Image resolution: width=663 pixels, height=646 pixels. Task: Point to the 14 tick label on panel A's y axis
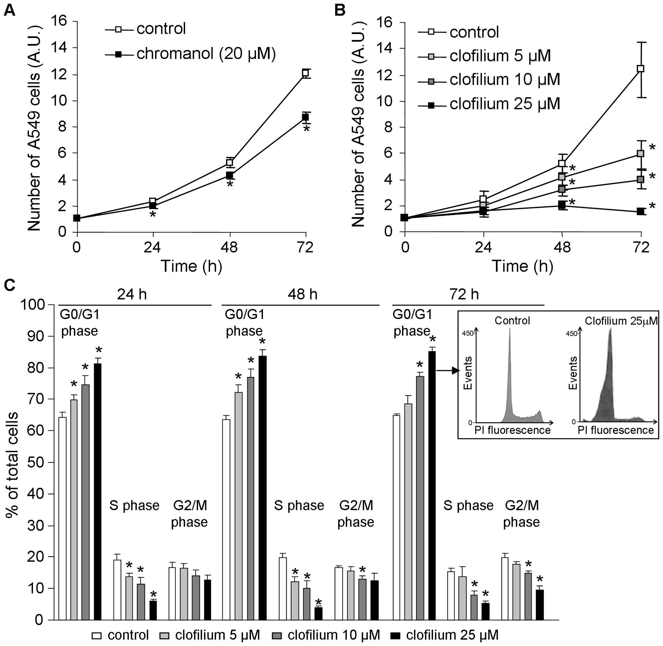tap(60, 48)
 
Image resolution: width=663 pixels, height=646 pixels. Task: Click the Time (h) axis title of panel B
tap(522, 266)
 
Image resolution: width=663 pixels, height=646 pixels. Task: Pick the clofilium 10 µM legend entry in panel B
tap(504, 79)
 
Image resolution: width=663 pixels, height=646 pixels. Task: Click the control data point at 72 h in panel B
tap(640, 68)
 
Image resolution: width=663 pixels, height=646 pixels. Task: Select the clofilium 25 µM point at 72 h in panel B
tap(640, 211)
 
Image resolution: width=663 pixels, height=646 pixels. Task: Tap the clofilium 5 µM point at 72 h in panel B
tap(640, 153)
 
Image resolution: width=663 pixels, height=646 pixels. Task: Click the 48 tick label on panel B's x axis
tap(562, 248)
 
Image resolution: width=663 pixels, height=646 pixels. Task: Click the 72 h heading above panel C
tap(464, 295)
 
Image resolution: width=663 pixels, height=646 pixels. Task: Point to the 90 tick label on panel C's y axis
tap(37, 336)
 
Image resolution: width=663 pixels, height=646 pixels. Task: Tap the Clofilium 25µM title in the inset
tap(621, 321)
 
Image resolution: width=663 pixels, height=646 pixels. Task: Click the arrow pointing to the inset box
tap(448, 371)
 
